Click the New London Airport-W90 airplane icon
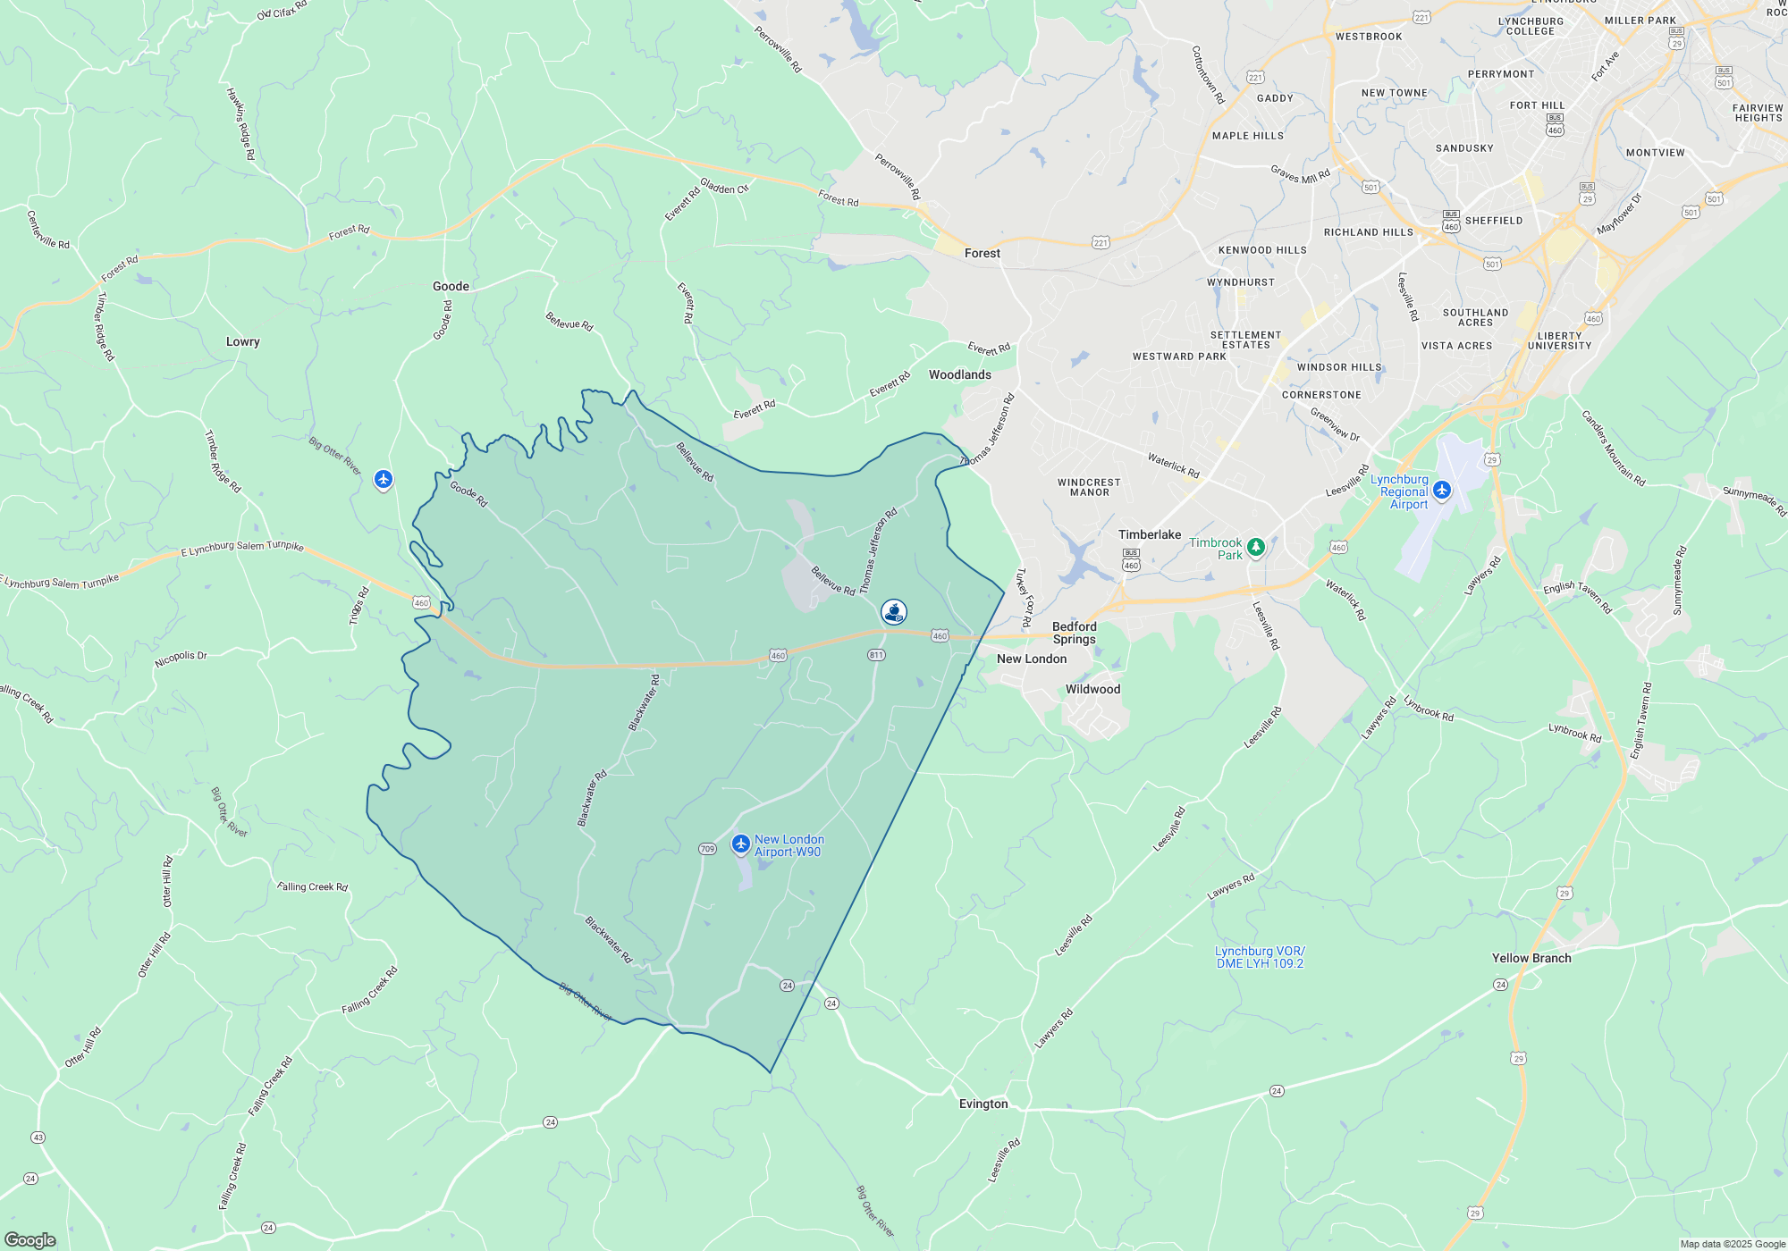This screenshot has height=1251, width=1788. coord(740,844)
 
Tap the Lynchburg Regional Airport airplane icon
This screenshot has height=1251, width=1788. coord(1441,490)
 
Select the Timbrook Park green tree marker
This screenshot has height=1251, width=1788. coord(1255,546)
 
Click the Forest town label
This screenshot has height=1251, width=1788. coord(983,254)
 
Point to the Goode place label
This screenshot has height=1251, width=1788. coord(451,287)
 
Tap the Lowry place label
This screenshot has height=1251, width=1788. coord(243,342)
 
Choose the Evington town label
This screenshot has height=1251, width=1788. coord(983,1104)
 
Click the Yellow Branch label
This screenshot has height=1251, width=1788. coord(1531,959)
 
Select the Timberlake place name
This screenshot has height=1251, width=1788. coord(1150,535)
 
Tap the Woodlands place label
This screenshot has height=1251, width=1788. coord(960,375)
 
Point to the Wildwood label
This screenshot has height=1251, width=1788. coord(1092,690)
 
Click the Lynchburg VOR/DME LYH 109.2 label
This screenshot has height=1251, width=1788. coord(1260,958)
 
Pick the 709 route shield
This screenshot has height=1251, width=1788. coord(707,849)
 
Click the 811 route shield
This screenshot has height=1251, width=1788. coord(876,655)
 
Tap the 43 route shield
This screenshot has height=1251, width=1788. coord(38,1138)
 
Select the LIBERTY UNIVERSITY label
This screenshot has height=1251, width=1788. coord(1559,341)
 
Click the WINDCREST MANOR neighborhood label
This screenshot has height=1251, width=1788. coord(1089,488)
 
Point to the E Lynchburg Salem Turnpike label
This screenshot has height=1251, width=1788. coord(242,547)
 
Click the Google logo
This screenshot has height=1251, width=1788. coord(30,1240)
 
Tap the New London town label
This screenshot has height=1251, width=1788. coord(1032,659)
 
